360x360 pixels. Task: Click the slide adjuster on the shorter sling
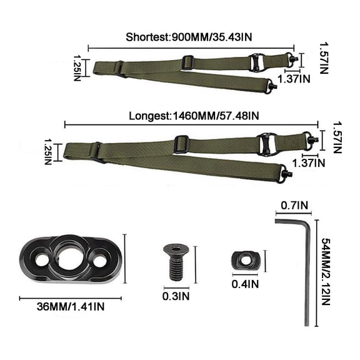click(187, 62)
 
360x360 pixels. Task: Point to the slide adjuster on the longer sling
click(181, 142)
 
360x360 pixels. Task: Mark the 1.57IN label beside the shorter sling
click(322, 57)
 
